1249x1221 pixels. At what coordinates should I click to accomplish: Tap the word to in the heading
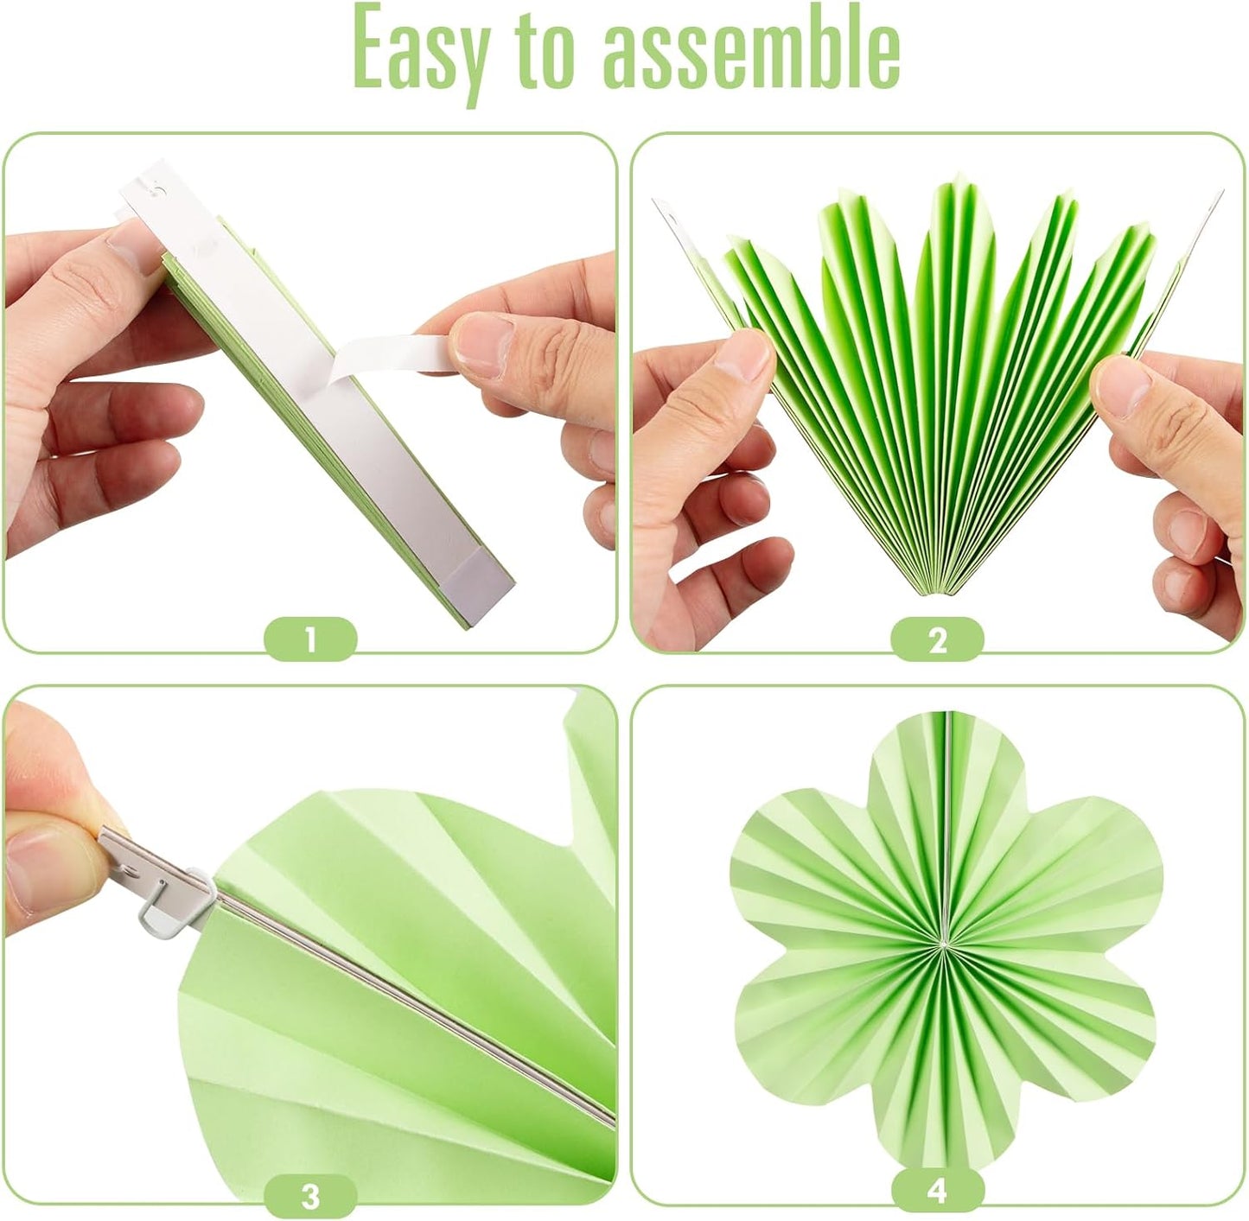tap(545, 54)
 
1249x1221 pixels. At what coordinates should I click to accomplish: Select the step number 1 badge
tap(310, 640)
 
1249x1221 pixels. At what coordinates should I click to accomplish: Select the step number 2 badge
tap(937, 640)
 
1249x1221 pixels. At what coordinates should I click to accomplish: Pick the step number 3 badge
tap(310, 1196)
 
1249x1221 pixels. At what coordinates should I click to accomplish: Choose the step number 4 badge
tap(937, 1191)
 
